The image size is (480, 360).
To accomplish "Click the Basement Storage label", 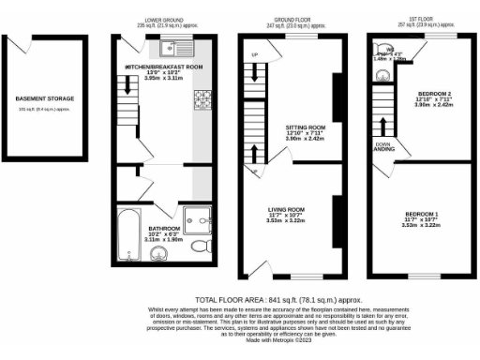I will click(44, 97).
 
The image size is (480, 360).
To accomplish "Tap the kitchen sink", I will click(172, 48).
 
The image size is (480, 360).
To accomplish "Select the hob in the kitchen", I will click(202, 97).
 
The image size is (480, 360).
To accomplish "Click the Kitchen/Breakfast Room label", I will click(162, 68).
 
